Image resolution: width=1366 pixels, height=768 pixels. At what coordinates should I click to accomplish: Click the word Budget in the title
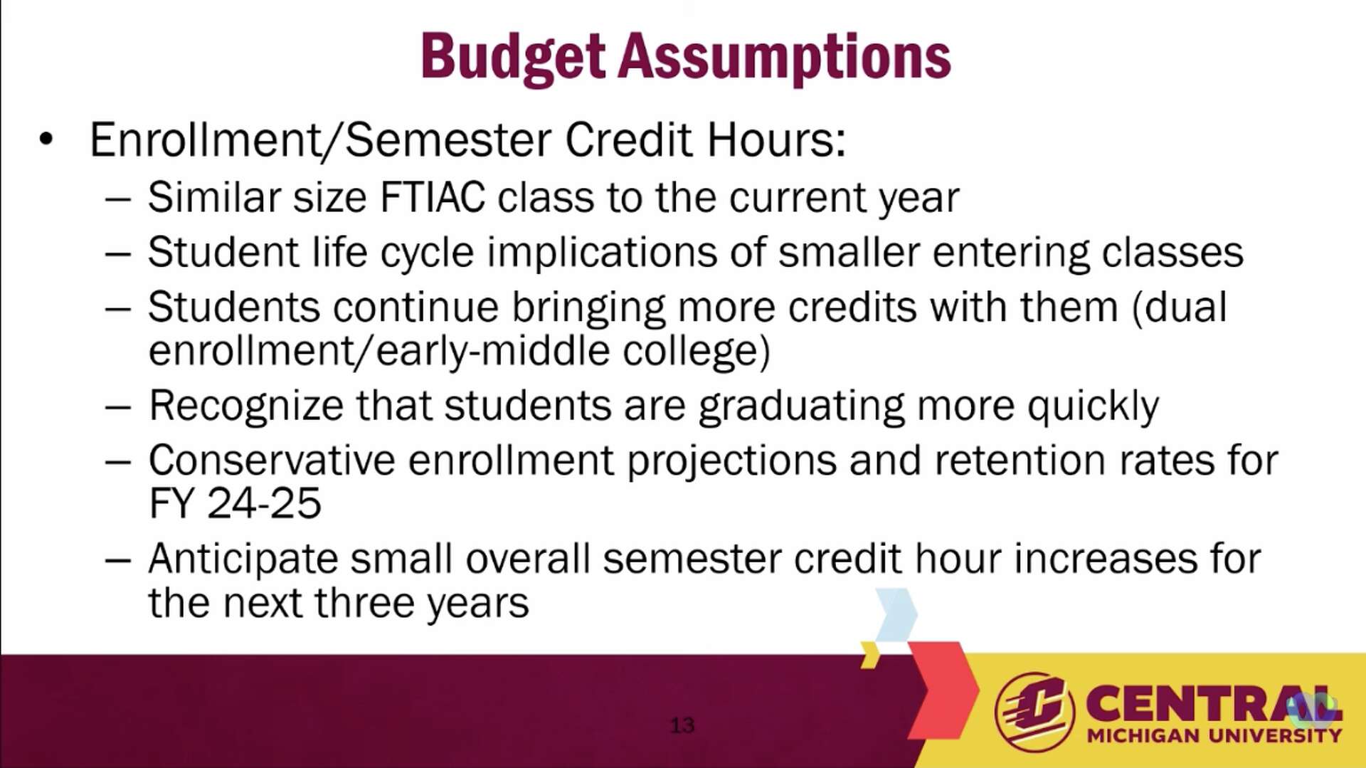pyautogui.click(x=512, y=57)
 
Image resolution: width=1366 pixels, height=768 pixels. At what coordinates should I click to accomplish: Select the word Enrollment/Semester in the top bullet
pyautogui.click(x=320, y=140)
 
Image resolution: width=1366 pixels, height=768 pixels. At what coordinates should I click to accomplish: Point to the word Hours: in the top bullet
pyautogui.click(x=776, y=140)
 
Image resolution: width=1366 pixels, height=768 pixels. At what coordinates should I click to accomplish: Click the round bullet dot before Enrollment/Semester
pyautogui.click(x=46, y=140)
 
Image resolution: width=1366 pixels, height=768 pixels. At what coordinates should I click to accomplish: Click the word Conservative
pyautogui.click(x=272, y=461)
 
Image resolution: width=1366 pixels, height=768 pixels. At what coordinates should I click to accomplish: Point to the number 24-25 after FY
pyautogui.click(x=264, y=504)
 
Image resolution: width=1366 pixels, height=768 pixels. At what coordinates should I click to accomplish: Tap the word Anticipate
pyautogui.click(x=243, y=559)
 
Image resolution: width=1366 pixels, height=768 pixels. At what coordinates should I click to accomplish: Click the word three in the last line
pyautogui.click(x=365, y=603)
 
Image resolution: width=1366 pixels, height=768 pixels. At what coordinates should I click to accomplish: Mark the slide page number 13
pyautogui.click(x=682, y=725)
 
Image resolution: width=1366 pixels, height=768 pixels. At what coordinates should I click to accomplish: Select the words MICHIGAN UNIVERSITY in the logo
pyautogui.click(x=1214, y=736)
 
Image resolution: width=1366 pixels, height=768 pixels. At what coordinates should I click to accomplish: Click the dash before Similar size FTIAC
pyautogui.click(x=117, y=198)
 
